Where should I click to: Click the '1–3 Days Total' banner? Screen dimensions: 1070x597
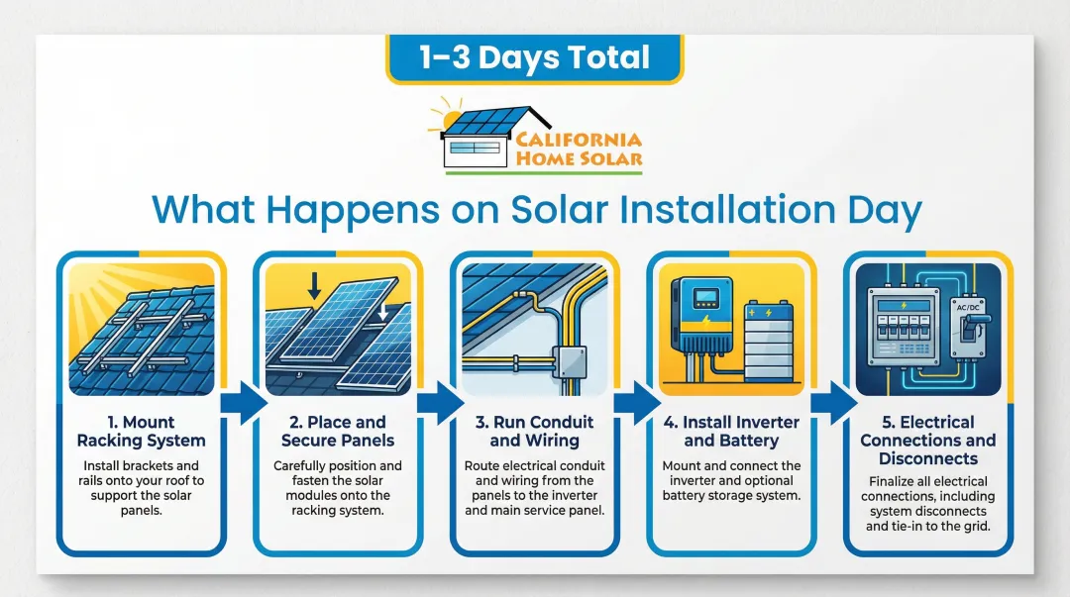pyautogui.click(x=534, y=58)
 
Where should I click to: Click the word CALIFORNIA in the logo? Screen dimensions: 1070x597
pyautogui.click(x=578, y=140)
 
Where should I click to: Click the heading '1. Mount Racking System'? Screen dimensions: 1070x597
pyautogui.click(x=142, y=432)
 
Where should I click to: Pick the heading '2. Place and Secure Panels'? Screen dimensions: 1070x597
pyautogui.click(x=338, y=432)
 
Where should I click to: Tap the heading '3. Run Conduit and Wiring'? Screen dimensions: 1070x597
pyautogui.click(x=534, y=432)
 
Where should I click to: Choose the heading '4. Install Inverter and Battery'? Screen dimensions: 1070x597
pyautogui.click(x=731, y=432)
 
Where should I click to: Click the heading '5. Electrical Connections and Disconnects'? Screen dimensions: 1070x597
pyautogui.click(x=928, y=440)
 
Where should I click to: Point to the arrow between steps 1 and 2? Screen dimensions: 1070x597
pyautogui.click(x=244, y=403)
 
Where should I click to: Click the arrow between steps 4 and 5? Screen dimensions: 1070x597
pyautogui.click(x=834, y=403)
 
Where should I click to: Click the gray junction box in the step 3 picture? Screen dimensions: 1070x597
pyautogui.click(x=569, y=362)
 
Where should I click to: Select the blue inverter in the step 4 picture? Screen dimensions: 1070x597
pyautogui.click(x=702, y=315)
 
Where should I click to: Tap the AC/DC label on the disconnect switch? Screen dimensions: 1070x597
pyautogui.click(x=968, y=308)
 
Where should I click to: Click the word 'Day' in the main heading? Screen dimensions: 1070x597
pyautogui.click(x=885, y=210)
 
